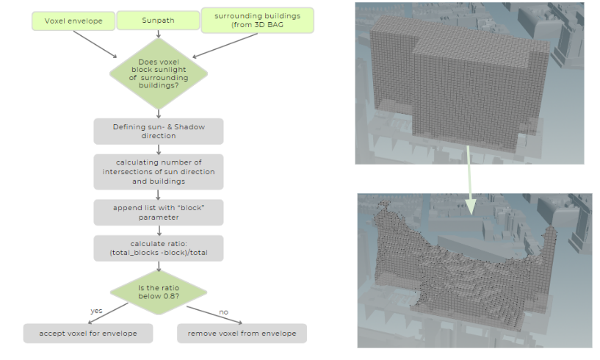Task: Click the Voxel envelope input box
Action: tap(71, 20)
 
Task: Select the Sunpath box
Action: tap(157, 20)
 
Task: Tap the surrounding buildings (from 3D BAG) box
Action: tap(257, 20)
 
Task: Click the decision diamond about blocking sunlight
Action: tap(158, 73)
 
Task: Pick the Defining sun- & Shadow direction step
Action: tap(158, 132)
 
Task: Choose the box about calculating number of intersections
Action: tap(158, 172)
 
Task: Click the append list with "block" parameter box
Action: tap(158, 212)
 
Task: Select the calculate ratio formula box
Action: tap(158, 248)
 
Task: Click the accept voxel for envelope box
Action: tap(89, 334)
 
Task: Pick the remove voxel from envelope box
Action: tap(242, 334)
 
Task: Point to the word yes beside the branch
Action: tap(96, 311)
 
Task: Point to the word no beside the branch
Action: tap(223, 312)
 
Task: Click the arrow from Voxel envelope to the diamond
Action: tap(96, 45)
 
